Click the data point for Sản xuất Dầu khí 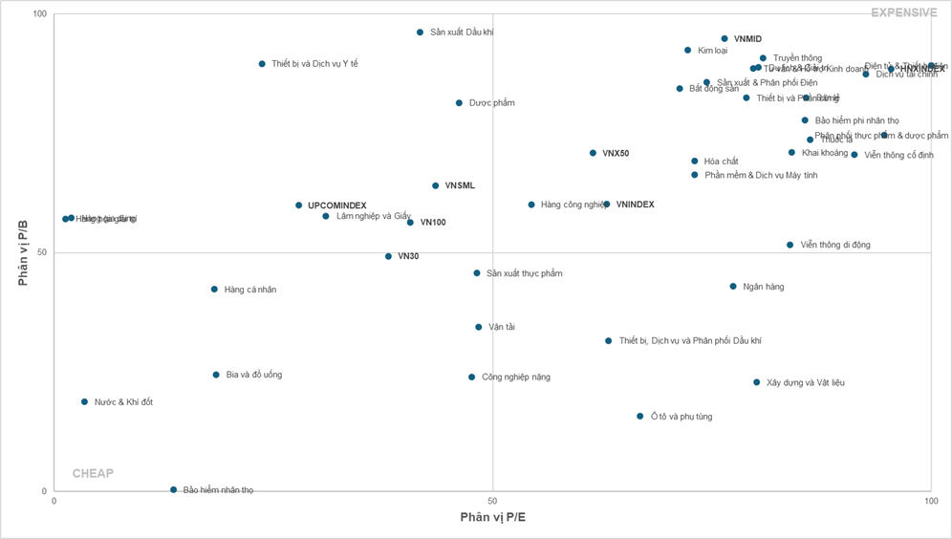click(x=420, y=32)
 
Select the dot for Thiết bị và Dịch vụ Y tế click(x=262, y=64)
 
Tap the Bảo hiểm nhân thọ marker click(x=174, y=490)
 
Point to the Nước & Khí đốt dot click(x=84, y=402)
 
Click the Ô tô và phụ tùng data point click(x=640, y=417)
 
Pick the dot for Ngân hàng click(x=733, y=287)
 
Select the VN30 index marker click(x=388, y=257)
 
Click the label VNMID click(x=747, y=39)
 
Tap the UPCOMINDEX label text click(x=336, y=205)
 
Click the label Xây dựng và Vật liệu click(x=805, y=383)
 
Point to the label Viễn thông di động click(x=834, y=246)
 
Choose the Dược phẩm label click(x=491, y=103)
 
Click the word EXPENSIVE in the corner click(x=903, y=12)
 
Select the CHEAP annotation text click(x=93, y=474)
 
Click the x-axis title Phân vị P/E click(x=492, y=518)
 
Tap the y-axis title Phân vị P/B click(x=24, y=253)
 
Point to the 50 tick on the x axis click(x=492, y=501)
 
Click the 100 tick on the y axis click(x=39, y=15)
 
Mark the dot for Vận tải click(x=479, y=328)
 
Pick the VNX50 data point click(x=593, y=153)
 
